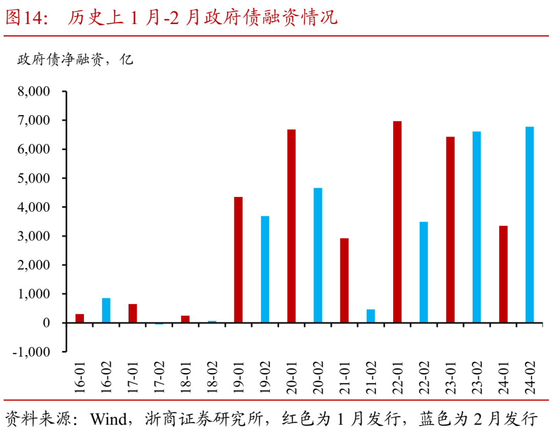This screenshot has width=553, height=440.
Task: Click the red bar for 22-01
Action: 397,222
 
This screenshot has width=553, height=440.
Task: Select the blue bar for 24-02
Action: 529,225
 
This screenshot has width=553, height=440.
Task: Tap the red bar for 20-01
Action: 291,226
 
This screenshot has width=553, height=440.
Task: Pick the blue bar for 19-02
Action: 265,269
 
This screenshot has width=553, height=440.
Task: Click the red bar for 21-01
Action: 344,280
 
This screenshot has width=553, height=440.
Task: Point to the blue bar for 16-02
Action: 107,310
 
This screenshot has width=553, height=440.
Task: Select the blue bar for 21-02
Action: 371,316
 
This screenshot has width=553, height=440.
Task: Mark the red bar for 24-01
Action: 503,274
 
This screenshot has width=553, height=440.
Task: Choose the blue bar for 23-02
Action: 477,227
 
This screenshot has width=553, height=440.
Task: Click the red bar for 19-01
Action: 239,260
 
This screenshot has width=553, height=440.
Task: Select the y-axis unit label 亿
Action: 126,60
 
